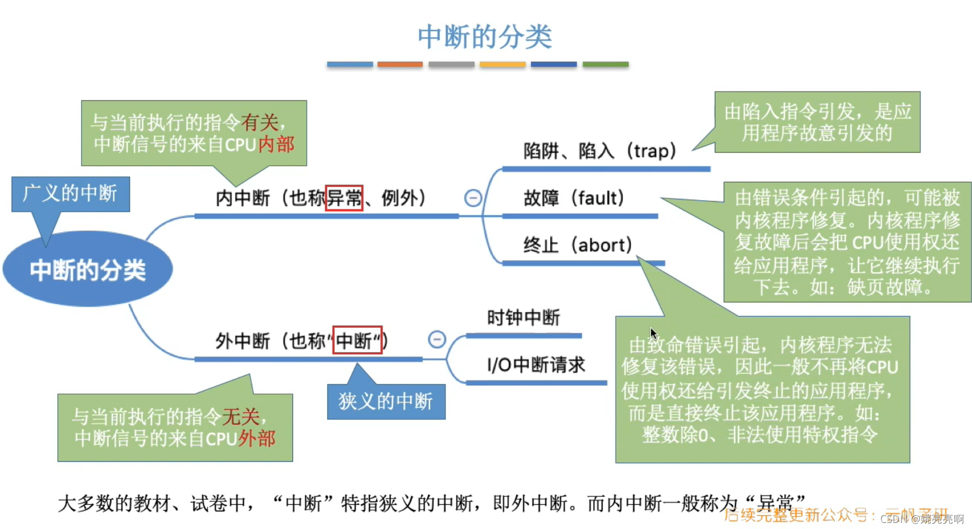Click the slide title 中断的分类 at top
click(485, 37)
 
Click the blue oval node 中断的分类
click(88, 269)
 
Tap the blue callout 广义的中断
click(70, 193)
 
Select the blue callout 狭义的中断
click(385, 401)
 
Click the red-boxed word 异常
click(344, 198)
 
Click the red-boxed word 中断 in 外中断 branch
click(357, 341)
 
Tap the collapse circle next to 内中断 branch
click(473, 198)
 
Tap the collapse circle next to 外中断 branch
click(437, 339)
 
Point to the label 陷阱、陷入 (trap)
click(599, 150)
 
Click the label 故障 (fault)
click(573, 198)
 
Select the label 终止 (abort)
click(577, 245)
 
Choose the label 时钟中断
click(523, 317)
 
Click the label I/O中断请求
click(536, 365)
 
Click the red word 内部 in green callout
click(276, 144)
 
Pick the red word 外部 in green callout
click(257, 439)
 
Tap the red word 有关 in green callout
click(259, 122)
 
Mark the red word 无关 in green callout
click(241, 417)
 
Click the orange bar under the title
click(400, 64)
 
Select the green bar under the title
click(605, 64)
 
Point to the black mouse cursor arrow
click(654, 333)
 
